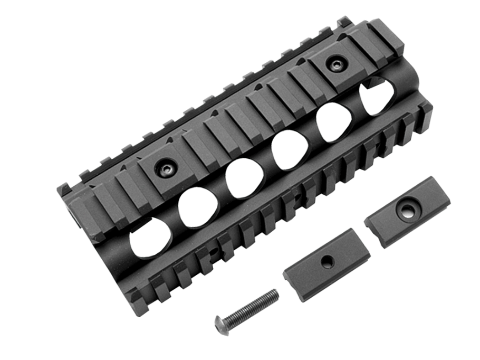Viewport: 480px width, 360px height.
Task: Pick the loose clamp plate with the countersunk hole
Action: point(408,212)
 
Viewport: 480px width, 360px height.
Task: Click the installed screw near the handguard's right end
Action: point(335,64)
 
